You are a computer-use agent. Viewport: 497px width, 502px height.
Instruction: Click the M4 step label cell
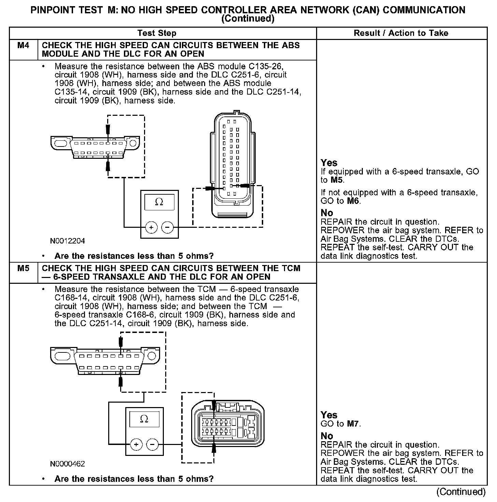point(23,45)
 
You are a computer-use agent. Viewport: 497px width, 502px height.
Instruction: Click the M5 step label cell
point(23,268)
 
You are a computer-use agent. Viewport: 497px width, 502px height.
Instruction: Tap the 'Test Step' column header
point(157,33)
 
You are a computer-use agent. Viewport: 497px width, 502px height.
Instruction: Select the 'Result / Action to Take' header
point(401,33)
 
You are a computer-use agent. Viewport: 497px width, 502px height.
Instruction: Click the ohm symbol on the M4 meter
point(159,202)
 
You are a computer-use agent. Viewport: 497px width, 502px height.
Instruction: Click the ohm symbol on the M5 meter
point(144,419)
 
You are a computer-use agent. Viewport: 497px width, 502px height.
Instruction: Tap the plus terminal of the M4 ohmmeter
point(151,227)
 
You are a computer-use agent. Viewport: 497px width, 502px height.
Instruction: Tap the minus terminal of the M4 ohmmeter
point(167,227)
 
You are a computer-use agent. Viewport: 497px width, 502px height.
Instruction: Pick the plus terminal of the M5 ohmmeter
point(136,444)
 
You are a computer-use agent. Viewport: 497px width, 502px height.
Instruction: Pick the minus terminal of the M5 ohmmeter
point(152,444)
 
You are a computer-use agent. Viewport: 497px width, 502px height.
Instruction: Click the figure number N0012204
point(67,241)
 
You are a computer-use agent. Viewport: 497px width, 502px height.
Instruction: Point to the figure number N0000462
point(67,464)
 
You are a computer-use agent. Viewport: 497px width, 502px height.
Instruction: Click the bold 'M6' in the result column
point(353,201)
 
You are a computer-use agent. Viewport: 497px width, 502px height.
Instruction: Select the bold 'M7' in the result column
point(353,424)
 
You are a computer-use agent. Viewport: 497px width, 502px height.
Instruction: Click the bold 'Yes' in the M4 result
point(329,163)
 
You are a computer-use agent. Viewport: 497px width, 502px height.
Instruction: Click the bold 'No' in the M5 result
point(327,436)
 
